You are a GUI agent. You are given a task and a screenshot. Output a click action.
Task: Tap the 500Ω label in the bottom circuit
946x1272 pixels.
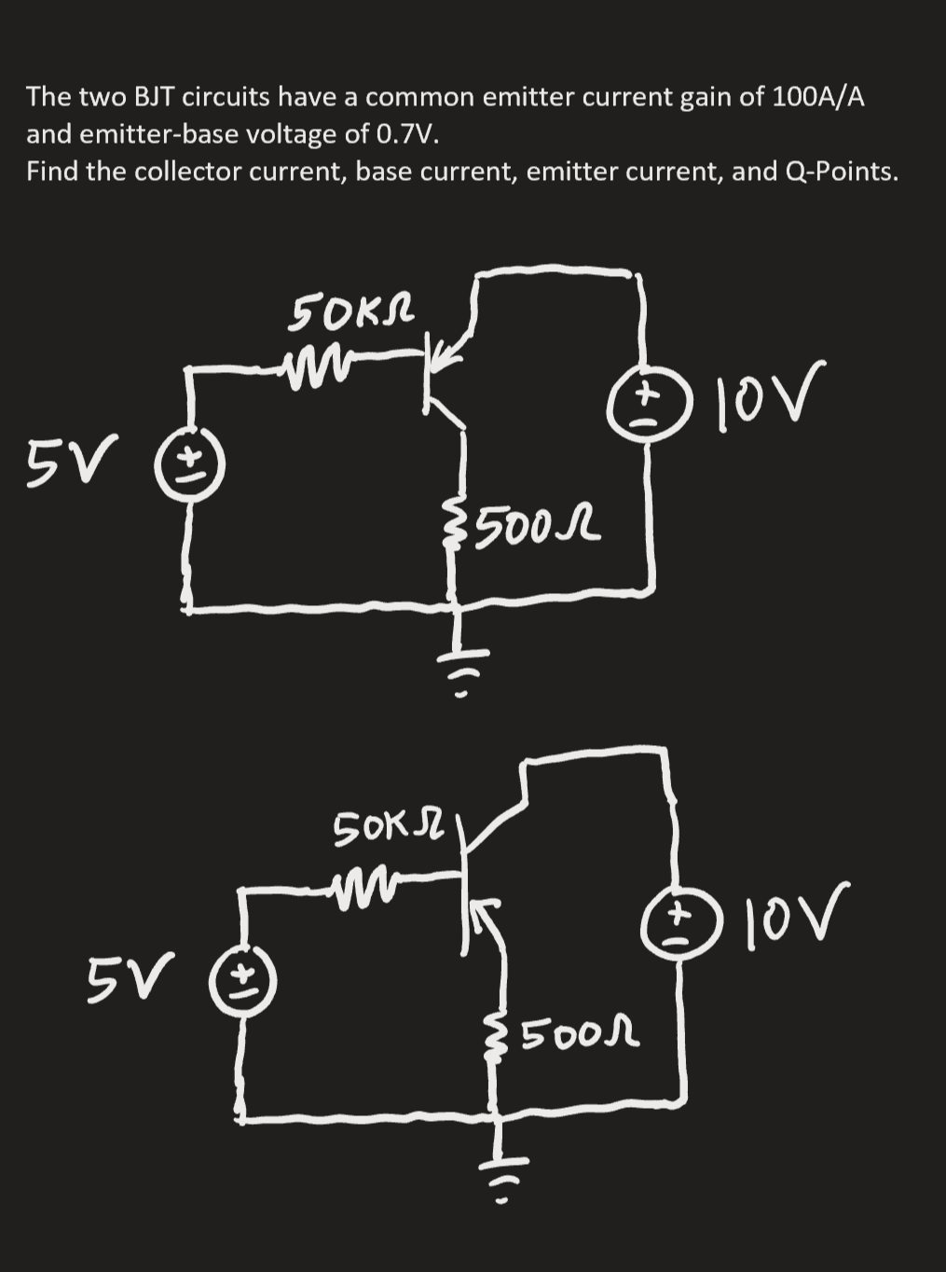(577, 1032)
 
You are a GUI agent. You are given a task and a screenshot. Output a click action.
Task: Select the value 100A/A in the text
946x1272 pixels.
(816, 97)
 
